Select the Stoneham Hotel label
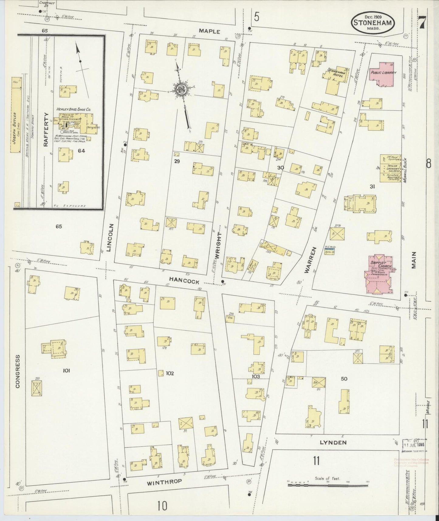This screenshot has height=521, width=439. point(335,73)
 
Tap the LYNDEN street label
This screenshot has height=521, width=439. point(333,442)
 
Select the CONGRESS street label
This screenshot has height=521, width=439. point(17,371)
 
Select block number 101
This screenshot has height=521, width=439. point(66,370)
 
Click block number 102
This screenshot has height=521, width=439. point(170,374)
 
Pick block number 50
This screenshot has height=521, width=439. point(344,379)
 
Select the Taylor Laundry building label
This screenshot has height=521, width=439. point(392,168)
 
